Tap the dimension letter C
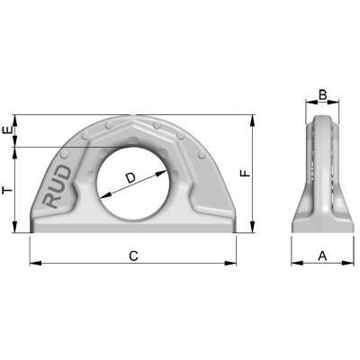133,256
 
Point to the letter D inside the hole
131,179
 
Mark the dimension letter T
7,190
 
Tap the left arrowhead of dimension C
34,264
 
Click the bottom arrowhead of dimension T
16,229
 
